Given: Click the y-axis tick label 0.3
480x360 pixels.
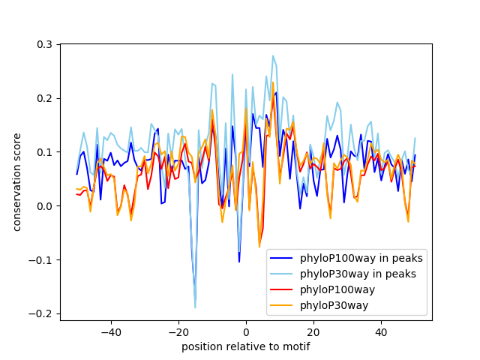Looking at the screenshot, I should click(44, 44).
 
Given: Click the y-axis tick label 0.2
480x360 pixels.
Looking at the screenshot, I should click(44, 98).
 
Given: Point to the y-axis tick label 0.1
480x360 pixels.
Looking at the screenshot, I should click(44, 152).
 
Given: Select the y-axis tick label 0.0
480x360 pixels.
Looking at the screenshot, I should click(44, 206).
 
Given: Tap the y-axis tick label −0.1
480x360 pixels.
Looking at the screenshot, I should click(41, 260).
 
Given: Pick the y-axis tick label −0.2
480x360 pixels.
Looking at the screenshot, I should click(41, 313).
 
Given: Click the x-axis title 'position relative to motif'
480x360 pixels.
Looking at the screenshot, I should click(245, 346).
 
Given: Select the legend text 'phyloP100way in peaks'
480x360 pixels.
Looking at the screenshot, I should click(362, 259).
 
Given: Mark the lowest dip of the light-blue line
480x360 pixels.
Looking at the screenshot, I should click(195, 307).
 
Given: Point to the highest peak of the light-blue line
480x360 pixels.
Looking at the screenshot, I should click(273, 55).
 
